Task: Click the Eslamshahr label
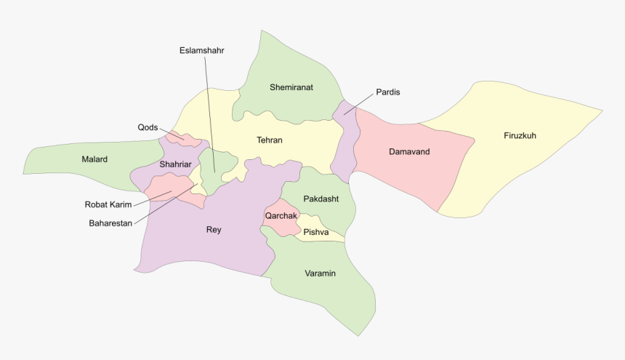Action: point(202,50)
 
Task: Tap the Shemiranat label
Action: point(291,87)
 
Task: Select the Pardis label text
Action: point(388,92)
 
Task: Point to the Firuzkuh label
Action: point(520,135)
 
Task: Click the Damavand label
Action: point(409,152)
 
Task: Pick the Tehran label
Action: point(269,140)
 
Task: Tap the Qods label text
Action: point(148,127)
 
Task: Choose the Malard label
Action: point(94,159)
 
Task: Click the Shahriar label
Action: point(175,164)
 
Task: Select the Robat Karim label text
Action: point(108,205)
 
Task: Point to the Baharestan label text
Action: point(110,223)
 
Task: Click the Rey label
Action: point(214,230)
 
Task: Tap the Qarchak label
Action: point(281,216)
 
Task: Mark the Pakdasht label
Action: point(320,199)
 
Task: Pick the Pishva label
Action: point(316,232)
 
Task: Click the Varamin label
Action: point(320,273)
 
